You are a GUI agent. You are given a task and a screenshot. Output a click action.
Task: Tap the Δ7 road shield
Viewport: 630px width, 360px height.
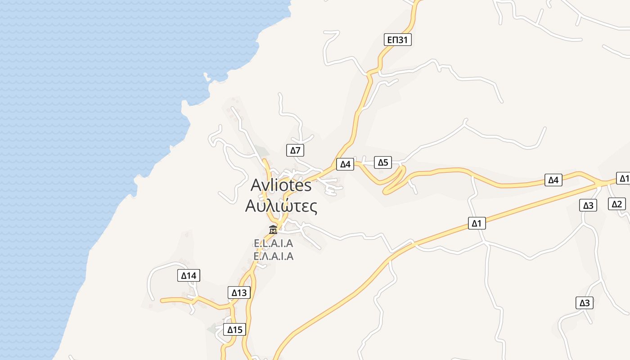tap(295, 150)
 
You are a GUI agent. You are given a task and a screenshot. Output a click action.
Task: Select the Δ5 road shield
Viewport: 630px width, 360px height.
tap(383, 162)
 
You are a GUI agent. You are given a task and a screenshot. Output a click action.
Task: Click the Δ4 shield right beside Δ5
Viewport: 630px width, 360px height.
tap(345, 164)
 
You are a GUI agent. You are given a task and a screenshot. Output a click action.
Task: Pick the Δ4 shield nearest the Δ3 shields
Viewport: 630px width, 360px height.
tap(553, 180)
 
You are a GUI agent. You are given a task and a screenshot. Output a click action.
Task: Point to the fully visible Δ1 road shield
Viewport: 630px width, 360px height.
tap(477, 223)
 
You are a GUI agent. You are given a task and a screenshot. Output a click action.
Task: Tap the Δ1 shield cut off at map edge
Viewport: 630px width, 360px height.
tap(624, 178)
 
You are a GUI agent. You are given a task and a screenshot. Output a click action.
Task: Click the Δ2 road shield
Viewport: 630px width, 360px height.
tap(616, 204)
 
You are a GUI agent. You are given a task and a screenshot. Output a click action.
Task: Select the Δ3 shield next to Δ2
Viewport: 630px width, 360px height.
tap(588, 206)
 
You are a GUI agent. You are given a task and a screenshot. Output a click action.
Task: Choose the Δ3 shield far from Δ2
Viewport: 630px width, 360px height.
tap(585, 303)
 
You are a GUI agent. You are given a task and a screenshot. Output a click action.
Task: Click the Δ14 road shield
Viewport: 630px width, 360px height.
tap(189, 275)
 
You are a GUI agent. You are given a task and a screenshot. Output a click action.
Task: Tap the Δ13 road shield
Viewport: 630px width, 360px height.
tap(239, 292)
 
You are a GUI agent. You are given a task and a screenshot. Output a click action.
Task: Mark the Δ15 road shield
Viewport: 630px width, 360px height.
tap(235, 330)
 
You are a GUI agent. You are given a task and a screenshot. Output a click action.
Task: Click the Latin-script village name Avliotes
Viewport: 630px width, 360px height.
tap(281, 185)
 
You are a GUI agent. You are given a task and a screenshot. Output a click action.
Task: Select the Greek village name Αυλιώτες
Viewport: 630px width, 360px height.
tap(281, 206)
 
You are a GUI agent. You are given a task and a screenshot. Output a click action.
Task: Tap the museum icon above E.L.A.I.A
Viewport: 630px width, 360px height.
tap(273, 229)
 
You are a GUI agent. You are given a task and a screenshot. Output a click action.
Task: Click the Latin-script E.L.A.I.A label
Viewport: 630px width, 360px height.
tap(274, 243)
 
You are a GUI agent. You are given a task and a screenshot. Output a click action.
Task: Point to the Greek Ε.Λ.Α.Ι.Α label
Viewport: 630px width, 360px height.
tap(274, 256)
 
